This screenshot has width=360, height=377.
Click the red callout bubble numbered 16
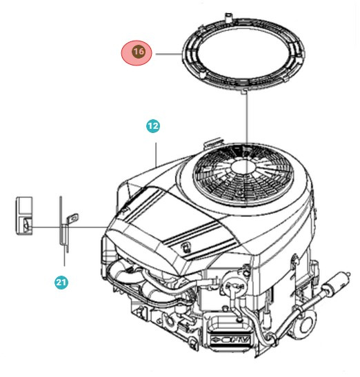point(138,53)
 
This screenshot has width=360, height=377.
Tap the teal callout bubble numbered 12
point(152,126)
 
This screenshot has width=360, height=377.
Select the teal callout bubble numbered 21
point(61,283)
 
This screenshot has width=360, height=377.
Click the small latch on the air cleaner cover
point(186,245)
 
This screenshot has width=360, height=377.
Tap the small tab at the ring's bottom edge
point(246,89)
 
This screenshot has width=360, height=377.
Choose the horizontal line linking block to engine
point(69,227)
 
